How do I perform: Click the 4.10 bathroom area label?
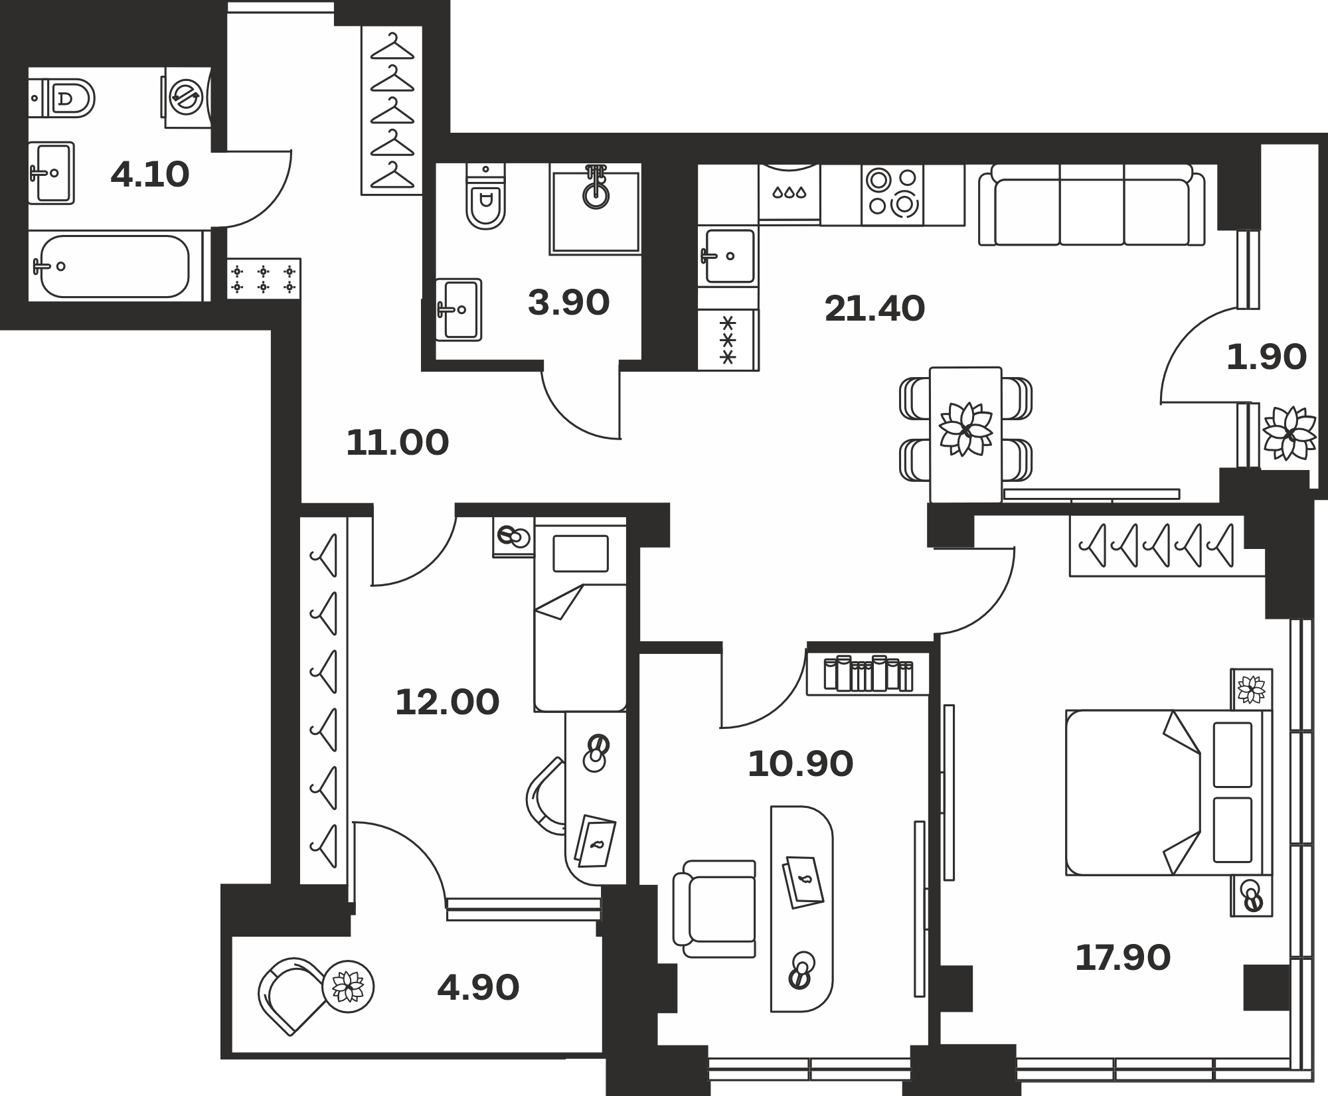click(150, 175)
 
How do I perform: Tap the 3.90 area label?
click(568, 303)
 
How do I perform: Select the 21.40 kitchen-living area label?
click(874, 309)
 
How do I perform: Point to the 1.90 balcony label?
click(1266, 357)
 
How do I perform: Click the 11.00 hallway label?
click(398, 443)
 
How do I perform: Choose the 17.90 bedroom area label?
click(1123, 959)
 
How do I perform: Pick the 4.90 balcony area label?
click(478, 988)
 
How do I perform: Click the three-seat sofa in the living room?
click(1092, 205)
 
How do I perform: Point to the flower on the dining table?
click(965, 429)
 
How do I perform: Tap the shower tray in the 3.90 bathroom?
click(595, 208)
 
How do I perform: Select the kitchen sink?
click(729, 256)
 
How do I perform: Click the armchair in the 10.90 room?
click(714, 909)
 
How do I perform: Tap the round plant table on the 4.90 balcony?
click(348, 986)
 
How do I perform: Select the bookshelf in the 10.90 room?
click(868, 674)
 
